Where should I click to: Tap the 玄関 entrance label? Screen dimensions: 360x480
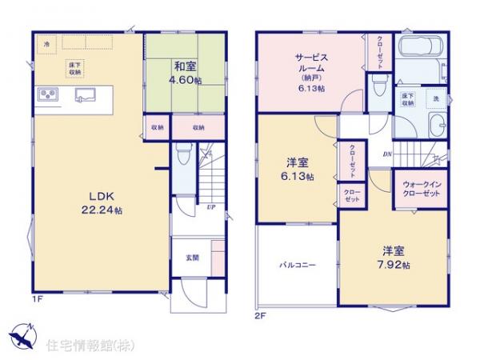[x=193, y=257]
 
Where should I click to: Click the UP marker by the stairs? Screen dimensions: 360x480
[x=210, y=206]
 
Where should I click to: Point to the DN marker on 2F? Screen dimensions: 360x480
[x=387, y=154]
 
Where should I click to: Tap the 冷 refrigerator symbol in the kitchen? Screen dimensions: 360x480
[x=48, y=43]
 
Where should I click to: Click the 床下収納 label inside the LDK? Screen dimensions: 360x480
[x=74, y=70]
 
